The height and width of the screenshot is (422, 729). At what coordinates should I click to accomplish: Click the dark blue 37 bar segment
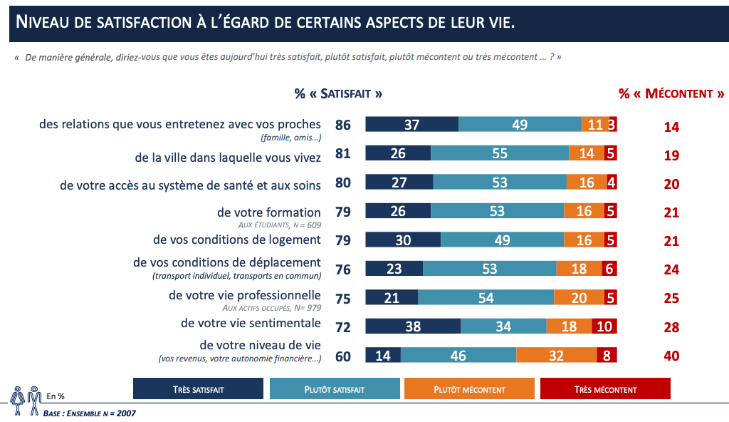tap(411, 124)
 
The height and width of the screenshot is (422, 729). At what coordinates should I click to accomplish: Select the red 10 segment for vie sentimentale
tap(604, 326)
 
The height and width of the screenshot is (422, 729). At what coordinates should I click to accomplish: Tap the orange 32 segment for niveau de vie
tap(556, 355)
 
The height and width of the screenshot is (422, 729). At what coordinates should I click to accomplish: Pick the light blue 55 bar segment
tap(500, 153)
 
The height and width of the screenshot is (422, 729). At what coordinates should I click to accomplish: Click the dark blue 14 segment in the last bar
tap(383, 355)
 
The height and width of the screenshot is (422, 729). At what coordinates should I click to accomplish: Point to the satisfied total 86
tap(343, 125)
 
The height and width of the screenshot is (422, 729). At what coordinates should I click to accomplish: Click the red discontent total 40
tap(671, 356)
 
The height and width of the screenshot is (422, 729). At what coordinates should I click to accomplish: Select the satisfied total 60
tap(343, 356)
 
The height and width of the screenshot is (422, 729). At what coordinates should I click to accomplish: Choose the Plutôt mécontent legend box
tap(469, 389)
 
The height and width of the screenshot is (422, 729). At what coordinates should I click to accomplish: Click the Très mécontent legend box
tap(605, 389)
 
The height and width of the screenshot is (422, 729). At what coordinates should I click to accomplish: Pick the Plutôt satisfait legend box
tap(335, 389)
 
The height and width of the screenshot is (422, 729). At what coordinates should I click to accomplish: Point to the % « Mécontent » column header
tap(671, 93)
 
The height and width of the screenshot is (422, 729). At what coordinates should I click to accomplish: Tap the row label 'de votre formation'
tap(269, 212)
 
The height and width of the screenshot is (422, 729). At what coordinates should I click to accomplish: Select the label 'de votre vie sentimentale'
tap(251, 323)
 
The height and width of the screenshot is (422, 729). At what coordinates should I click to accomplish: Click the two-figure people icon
tap(26, 400)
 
